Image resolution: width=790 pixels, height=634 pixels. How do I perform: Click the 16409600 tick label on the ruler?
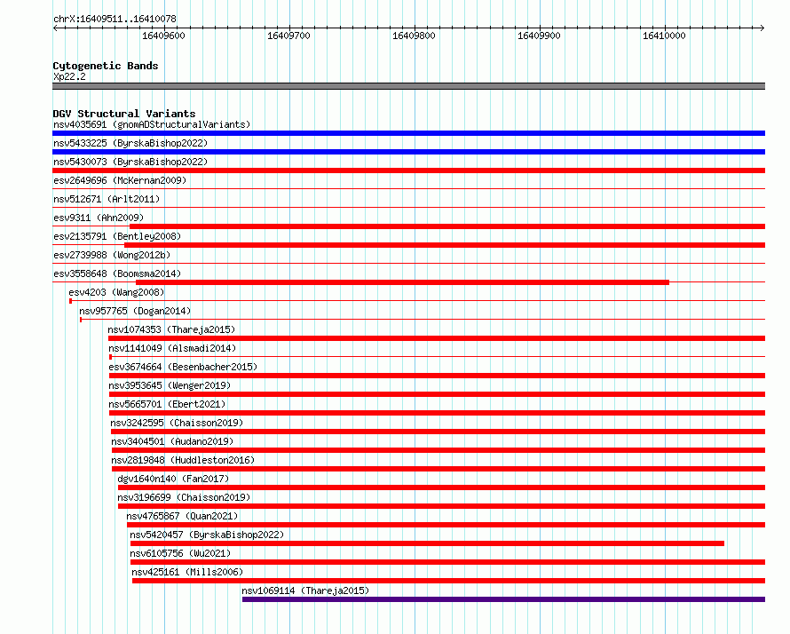pos(163,36)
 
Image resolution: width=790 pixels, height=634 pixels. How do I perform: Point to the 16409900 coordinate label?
pos(539,36)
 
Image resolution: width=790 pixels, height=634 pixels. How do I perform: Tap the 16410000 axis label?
pos(664,36)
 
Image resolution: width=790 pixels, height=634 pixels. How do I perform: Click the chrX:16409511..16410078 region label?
pos(115,20)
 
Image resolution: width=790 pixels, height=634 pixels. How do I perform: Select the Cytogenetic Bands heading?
pos(106,66)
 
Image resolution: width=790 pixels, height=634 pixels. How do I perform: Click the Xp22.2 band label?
pos(69,76)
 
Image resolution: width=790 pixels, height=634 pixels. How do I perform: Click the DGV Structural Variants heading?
pos(124,114)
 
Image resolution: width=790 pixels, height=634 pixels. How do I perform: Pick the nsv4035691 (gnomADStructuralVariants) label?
pos(152,124)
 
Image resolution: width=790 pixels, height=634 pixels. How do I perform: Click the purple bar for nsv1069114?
pos(503,599)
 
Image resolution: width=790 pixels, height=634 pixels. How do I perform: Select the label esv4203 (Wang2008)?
pos(116,292)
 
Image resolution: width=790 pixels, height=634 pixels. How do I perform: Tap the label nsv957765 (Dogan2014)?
pos(135,311)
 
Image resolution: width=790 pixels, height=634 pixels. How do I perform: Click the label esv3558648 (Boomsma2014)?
pos(117,273)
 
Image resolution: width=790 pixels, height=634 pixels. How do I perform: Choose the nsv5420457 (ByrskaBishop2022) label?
pos(207,535)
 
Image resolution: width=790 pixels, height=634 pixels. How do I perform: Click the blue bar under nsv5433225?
pos(408,152)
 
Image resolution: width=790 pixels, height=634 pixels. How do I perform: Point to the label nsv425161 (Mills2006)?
pos(187,572)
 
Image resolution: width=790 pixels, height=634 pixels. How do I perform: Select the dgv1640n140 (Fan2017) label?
pos(173,479)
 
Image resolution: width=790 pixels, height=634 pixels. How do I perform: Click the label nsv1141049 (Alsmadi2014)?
pos(172,348)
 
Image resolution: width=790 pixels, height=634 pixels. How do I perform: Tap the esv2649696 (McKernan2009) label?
pos(120,180)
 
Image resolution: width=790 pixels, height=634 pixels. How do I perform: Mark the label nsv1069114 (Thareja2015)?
pos(305,590)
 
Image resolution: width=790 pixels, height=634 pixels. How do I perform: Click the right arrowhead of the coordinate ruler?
pos(762,28)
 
